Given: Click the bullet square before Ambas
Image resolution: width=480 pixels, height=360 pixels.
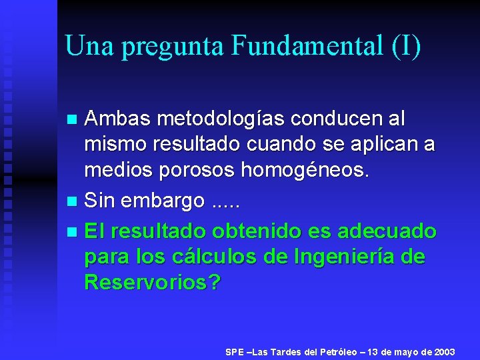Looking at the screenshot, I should [73, 119].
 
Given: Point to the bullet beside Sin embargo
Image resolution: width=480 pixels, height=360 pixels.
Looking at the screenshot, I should [73, 201].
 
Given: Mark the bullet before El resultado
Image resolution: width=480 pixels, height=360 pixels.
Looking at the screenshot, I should [73, 232].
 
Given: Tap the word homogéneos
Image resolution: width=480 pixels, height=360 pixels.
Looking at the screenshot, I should [305, 171].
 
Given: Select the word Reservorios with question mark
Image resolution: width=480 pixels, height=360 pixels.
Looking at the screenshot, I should [152, 282].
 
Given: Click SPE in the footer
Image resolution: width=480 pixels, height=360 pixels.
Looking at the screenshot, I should [235, 351].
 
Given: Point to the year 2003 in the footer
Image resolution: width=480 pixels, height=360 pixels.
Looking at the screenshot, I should [444, 351].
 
